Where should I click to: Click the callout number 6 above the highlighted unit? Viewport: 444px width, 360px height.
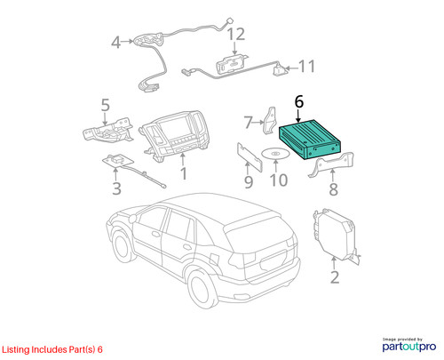tap(299, 102)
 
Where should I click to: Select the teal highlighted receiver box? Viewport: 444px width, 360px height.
tap(310, 139)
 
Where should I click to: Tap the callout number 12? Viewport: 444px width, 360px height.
tap(236, 34)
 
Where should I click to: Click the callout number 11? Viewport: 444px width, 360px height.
tap(307, 67)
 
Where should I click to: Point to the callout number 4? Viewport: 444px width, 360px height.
tap(115, 43)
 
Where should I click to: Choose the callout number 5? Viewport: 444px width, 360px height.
tap(106, 105)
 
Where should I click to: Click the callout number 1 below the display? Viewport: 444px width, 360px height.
tap(184, 173)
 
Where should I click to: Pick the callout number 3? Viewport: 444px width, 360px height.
tap(116, 188)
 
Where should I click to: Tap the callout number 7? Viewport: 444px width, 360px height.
tap(248, 122)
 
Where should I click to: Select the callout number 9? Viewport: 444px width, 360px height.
tap(249, 182)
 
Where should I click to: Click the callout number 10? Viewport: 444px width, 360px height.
tap(279, 180)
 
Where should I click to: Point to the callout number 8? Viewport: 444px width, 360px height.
tap(333, 189)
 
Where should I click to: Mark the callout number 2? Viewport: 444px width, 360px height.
tap(335, 277)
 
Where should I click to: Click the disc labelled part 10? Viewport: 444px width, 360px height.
tap(275, 154)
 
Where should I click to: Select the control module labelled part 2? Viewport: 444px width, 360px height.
tap(336, 234)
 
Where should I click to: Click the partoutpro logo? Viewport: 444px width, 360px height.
tap(409, 346)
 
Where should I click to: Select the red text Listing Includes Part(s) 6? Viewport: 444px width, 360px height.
tap(52, 349)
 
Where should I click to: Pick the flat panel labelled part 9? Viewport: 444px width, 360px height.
tap(250, 156)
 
